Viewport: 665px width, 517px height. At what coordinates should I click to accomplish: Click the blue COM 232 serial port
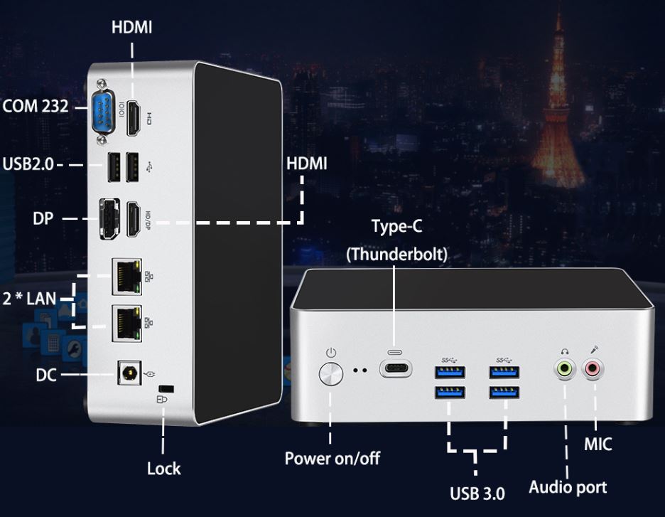click(103, 112)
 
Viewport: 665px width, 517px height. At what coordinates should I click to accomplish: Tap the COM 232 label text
click(36, 106)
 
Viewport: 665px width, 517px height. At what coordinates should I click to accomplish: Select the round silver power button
click(331, 374)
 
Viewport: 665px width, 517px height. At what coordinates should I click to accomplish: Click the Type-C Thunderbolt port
click(395, 368)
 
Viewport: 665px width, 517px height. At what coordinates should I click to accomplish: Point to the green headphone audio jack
click(565, 369)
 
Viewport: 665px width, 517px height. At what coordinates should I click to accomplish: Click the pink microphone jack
click(593, 369)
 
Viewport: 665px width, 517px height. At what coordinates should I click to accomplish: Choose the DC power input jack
click(129, 373)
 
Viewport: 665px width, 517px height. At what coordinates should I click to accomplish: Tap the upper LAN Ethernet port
click(126, 277)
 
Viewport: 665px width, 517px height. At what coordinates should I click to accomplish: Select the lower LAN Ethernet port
click(126, 323)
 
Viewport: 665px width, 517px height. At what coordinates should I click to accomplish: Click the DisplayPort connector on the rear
click(109, 218)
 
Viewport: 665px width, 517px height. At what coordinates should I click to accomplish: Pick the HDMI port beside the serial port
click(134, 119)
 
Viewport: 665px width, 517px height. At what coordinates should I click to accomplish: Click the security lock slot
click(166, 389)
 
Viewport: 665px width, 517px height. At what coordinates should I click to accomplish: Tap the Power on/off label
click(332, 459)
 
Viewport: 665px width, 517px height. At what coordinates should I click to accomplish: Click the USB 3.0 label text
click(477, 494)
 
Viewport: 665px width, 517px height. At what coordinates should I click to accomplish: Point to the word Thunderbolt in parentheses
click(397, 255)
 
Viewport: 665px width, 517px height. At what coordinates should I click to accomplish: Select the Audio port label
click(568, 487)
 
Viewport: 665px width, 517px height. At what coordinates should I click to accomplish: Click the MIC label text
click(598, 444)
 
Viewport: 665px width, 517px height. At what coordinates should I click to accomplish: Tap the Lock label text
click(163, 469)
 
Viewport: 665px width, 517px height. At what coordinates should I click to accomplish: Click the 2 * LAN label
click(29, 299)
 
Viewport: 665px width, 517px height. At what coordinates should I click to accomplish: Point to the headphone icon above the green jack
click(565, 351)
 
